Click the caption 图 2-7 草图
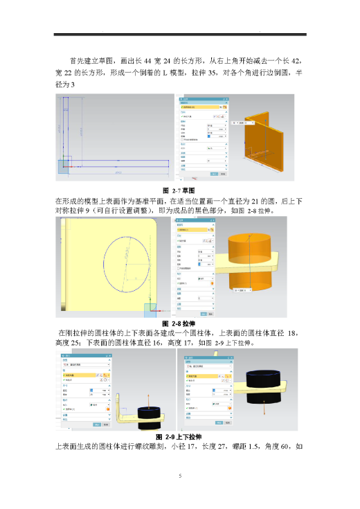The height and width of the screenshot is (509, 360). point(179,190)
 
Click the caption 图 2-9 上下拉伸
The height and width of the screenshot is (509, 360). point(179,436)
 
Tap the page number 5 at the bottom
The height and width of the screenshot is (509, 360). point(179,476)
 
